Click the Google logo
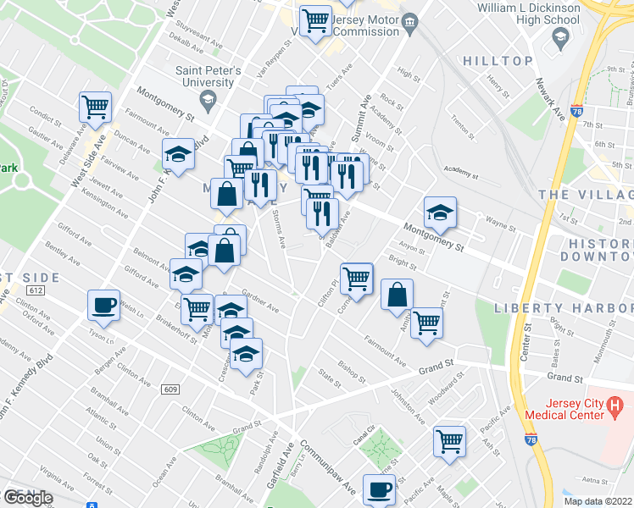coord(28,498)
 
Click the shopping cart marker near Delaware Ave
coord(95,107)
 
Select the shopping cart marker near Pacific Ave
coord(449,440)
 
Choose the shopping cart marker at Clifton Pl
coord(359,278)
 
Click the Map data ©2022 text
coord(598,501)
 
